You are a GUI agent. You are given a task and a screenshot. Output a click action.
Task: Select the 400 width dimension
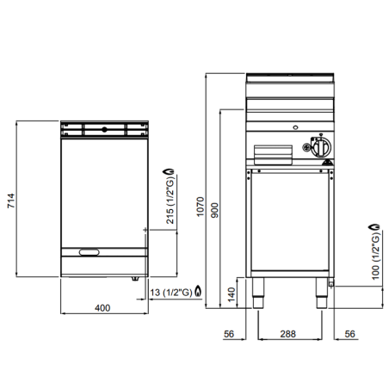tap(102, 308)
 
